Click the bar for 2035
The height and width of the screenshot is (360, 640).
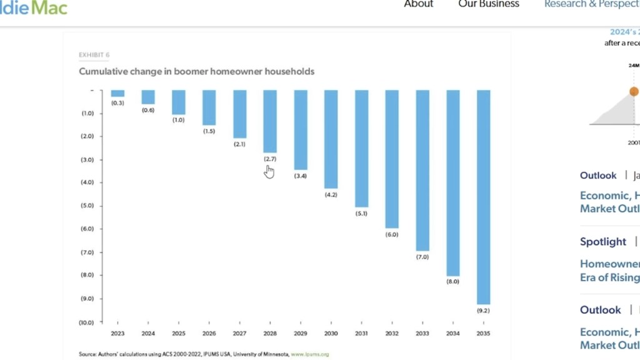coord(483,197)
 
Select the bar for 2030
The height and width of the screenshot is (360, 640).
coord(331,139)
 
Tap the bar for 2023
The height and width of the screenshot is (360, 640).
coord(117,94)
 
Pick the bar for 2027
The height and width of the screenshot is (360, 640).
coord(239,114)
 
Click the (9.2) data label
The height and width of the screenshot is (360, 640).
coord(483,311)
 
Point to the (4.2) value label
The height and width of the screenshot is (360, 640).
coord(331,195)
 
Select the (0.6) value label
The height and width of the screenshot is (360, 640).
coord(148,111)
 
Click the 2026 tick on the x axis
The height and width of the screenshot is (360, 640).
coord(209,333)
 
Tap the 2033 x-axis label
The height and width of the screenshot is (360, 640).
coord(422,333)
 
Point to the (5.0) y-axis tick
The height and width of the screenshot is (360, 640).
coord(87,206)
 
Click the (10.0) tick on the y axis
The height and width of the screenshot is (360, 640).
coord(86,322)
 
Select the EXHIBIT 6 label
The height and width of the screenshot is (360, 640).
coord(94,55)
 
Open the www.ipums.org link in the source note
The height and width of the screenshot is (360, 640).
coord(309,354)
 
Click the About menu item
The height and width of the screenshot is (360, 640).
coord(418,4)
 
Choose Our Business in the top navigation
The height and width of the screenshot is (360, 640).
coord(489,4)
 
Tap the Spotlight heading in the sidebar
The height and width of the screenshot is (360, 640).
coord(602,241)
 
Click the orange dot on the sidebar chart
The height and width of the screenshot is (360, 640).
coord(634,92)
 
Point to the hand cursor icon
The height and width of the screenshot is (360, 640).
coord(269,172)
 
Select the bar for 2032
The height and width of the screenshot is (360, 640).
coord(392,159)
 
